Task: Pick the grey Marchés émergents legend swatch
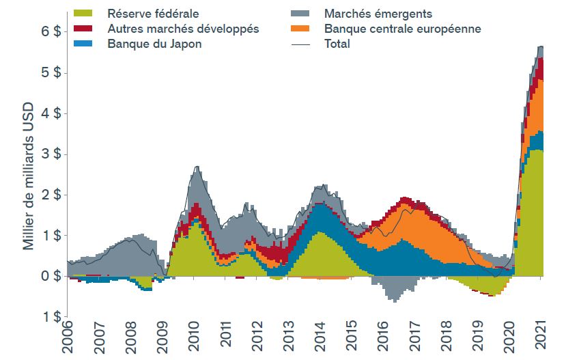299,13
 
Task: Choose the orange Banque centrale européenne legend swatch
299,29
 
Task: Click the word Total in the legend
337,44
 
